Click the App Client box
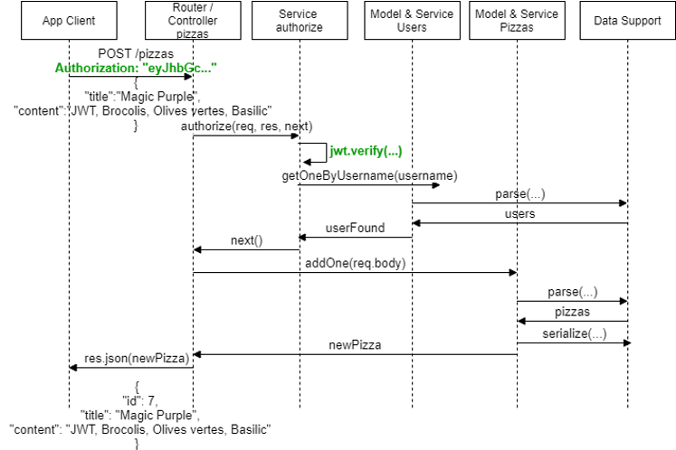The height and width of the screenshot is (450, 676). click(x=68, y=20)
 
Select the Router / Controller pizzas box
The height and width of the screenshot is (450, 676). click(x=193, y=20)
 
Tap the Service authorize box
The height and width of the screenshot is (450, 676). click(x=299, y=20)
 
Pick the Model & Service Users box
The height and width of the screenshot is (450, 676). click(x=413, y=20)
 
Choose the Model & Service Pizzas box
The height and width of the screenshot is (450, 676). click(x=517, y=20)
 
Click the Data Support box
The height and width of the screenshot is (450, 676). click(x=627, y=20)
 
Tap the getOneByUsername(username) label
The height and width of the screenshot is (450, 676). click(x=369, y=174)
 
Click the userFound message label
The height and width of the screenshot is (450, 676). click(x=356, y=228)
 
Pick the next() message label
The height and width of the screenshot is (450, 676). click(x=245, y=240)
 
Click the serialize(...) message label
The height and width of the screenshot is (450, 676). click(x=572, y=333)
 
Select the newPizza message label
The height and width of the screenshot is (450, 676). click(x=354, y=344)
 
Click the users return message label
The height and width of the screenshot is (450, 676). click(x=519, y=214)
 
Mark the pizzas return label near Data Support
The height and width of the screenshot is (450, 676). click(x=572, y=311)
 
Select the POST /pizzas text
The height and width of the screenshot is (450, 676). click(x=136, y=54)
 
